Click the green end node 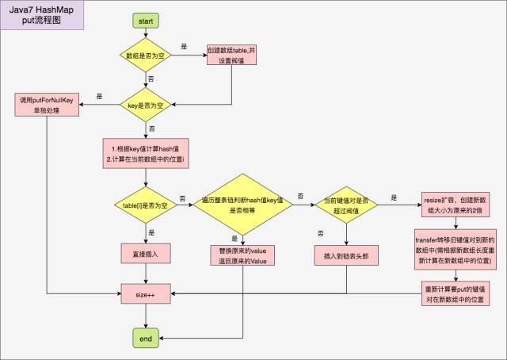click(x=146, y=339)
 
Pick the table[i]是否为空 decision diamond click(x=146, y=205)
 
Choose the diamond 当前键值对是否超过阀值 click(x=346, y=205)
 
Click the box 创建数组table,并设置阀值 click(x=232, y=56)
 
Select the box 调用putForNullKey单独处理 click(x=47, y=104)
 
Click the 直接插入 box click(x=146, y=254)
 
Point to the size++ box click(x=146, y=295)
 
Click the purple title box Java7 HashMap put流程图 click(x=43, y=16)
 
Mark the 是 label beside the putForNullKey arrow click(x=99, y=96)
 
